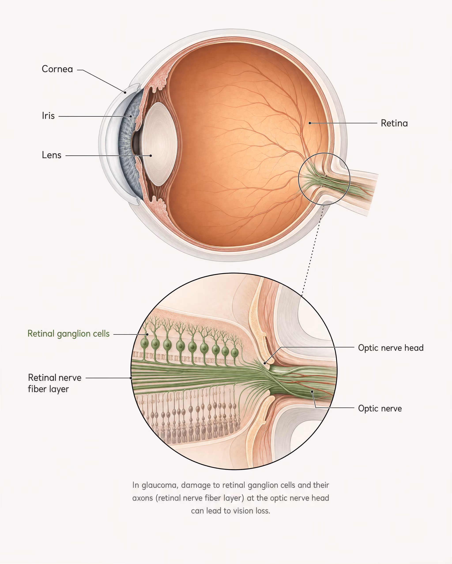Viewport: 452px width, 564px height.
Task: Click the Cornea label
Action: pos(57,69)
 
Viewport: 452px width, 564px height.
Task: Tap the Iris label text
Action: pos(48,116)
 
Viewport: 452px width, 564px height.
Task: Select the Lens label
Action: pos(52,155)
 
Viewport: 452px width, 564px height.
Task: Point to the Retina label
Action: pos(394,123)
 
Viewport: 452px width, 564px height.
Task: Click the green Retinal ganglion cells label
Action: pos(69,334)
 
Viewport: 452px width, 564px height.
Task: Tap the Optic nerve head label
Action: pos(391,348)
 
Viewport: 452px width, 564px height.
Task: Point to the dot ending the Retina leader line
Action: pos(310,123)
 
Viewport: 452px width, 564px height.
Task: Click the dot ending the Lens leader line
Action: pos(151,156)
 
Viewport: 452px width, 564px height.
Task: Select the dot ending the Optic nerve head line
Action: pos(265,363)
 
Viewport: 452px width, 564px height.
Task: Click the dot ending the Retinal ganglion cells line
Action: pos(147,334)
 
